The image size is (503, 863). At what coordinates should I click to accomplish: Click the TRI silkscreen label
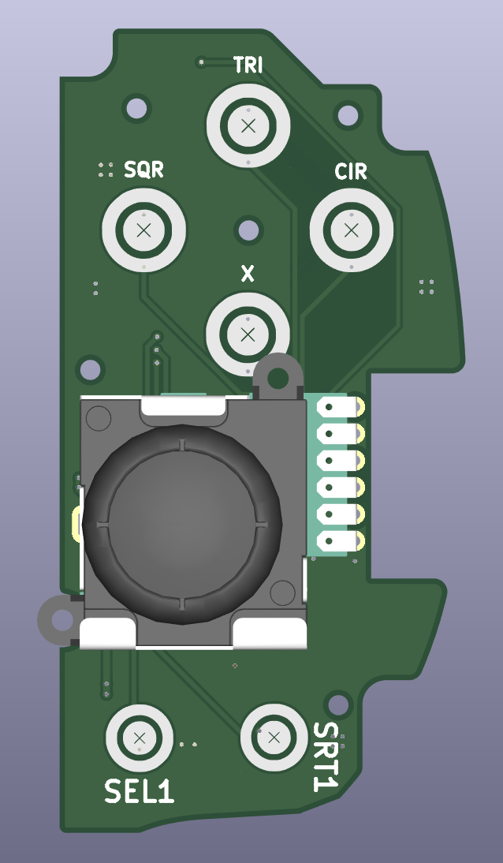click(x=248, y=65)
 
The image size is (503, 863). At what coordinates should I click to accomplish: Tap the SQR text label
click(x=143, y=170)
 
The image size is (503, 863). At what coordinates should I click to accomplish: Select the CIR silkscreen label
click(x=351, y=172)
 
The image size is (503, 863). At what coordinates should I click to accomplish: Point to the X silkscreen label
click(x=248, y=274)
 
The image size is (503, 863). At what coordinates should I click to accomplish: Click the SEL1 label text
click(x=140, y=791)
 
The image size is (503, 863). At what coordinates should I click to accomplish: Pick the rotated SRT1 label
click(x=325, y=757)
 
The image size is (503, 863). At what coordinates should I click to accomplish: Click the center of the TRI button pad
click(x=248, y=125)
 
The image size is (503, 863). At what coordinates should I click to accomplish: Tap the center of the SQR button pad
click(x=143, y=230)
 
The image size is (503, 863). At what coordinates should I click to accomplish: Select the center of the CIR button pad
click(x=351, y=230)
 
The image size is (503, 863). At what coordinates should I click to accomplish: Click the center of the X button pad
click(x=248, y=334)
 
